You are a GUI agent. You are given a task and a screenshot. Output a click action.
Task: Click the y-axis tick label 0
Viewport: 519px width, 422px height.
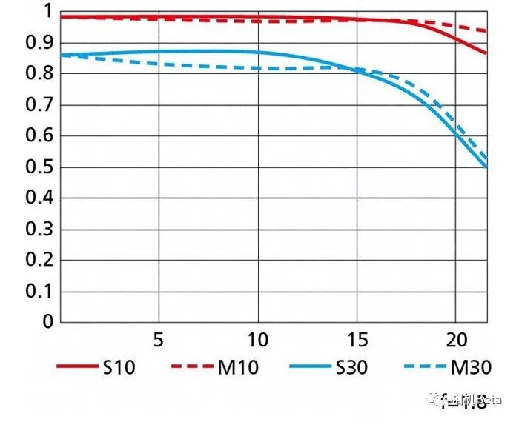47,322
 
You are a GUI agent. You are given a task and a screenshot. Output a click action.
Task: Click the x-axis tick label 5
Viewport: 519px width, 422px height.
158,341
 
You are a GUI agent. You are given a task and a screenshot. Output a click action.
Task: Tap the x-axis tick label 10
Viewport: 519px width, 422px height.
258,341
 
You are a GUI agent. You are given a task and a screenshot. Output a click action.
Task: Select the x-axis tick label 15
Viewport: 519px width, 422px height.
357,341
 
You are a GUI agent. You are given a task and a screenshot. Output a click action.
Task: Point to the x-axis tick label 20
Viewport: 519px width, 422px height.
456,341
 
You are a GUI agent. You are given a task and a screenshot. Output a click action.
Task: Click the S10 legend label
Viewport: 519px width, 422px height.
119,366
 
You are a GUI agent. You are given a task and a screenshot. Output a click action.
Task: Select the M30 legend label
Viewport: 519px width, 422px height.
471,366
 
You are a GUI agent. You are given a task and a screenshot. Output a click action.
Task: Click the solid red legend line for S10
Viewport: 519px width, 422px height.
77,366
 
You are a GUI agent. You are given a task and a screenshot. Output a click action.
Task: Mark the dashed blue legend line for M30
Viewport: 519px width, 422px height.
426,366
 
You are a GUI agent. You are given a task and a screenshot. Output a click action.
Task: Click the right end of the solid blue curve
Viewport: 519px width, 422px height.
486,167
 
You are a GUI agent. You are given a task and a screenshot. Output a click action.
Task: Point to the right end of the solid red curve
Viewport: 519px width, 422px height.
486,53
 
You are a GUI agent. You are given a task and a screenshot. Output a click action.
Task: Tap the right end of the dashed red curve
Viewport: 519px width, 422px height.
486,31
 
